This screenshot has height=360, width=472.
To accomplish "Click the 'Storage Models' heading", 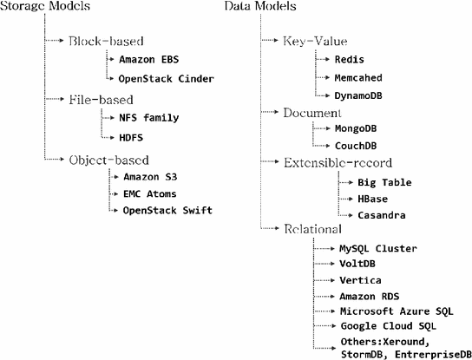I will [41, 8].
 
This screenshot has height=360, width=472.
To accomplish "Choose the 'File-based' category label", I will [102, 100].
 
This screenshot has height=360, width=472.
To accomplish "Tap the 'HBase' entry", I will [374, 198].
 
